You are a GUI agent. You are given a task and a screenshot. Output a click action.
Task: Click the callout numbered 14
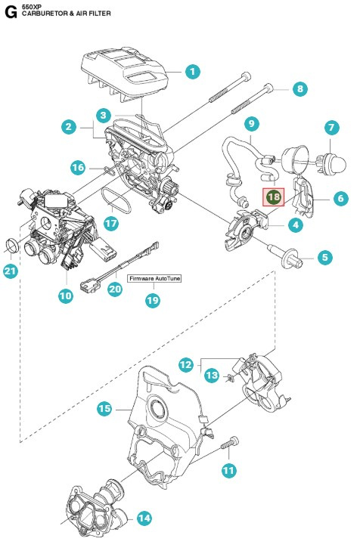tap(144, 518)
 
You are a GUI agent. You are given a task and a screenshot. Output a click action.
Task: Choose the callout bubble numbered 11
tap(228, 469)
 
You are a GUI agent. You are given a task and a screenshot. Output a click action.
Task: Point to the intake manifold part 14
tap(91, 510)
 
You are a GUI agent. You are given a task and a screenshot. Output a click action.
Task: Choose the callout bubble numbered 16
tap(78, 166)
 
